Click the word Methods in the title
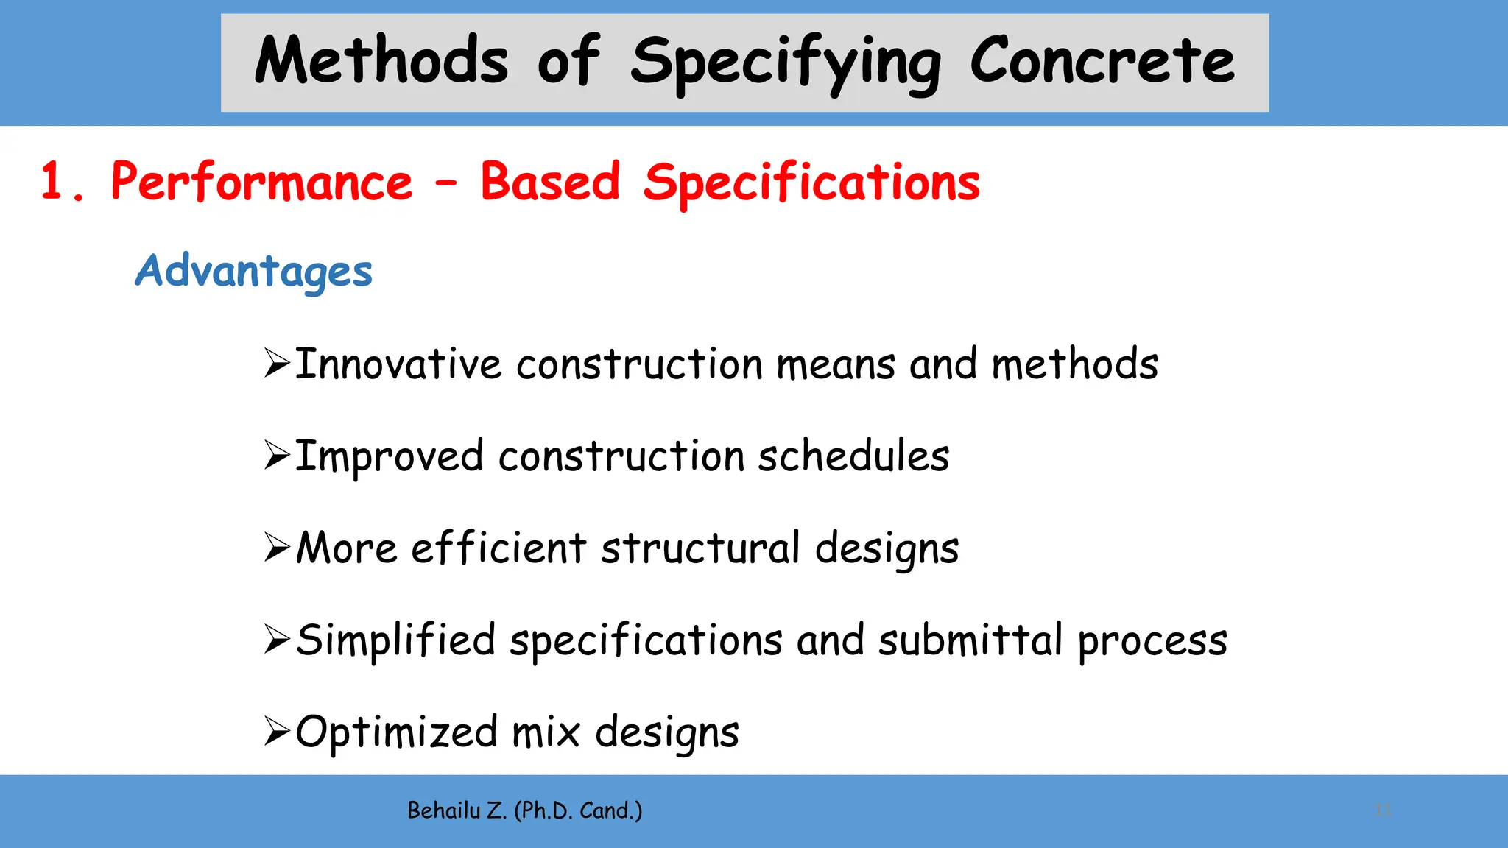click(381, 60)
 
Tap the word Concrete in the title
click(1102, 60)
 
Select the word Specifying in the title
click(785, 63)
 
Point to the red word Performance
click(261, 182)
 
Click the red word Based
click(550, 182)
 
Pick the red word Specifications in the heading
click(811, 183)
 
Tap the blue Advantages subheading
click(253, 272)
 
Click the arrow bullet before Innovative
click(277, 364)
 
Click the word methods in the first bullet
click(1074, 364)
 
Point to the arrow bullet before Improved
click(277, 456)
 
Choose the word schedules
click(853, 456)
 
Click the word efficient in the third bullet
click(498, 548)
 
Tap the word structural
click(700, 548)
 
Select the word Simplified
click(395, 640)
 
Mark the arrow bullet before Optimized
click(277, 732)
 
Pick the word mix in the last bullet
click(546, 732)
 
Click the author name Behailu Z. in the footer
click(456, 810)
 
